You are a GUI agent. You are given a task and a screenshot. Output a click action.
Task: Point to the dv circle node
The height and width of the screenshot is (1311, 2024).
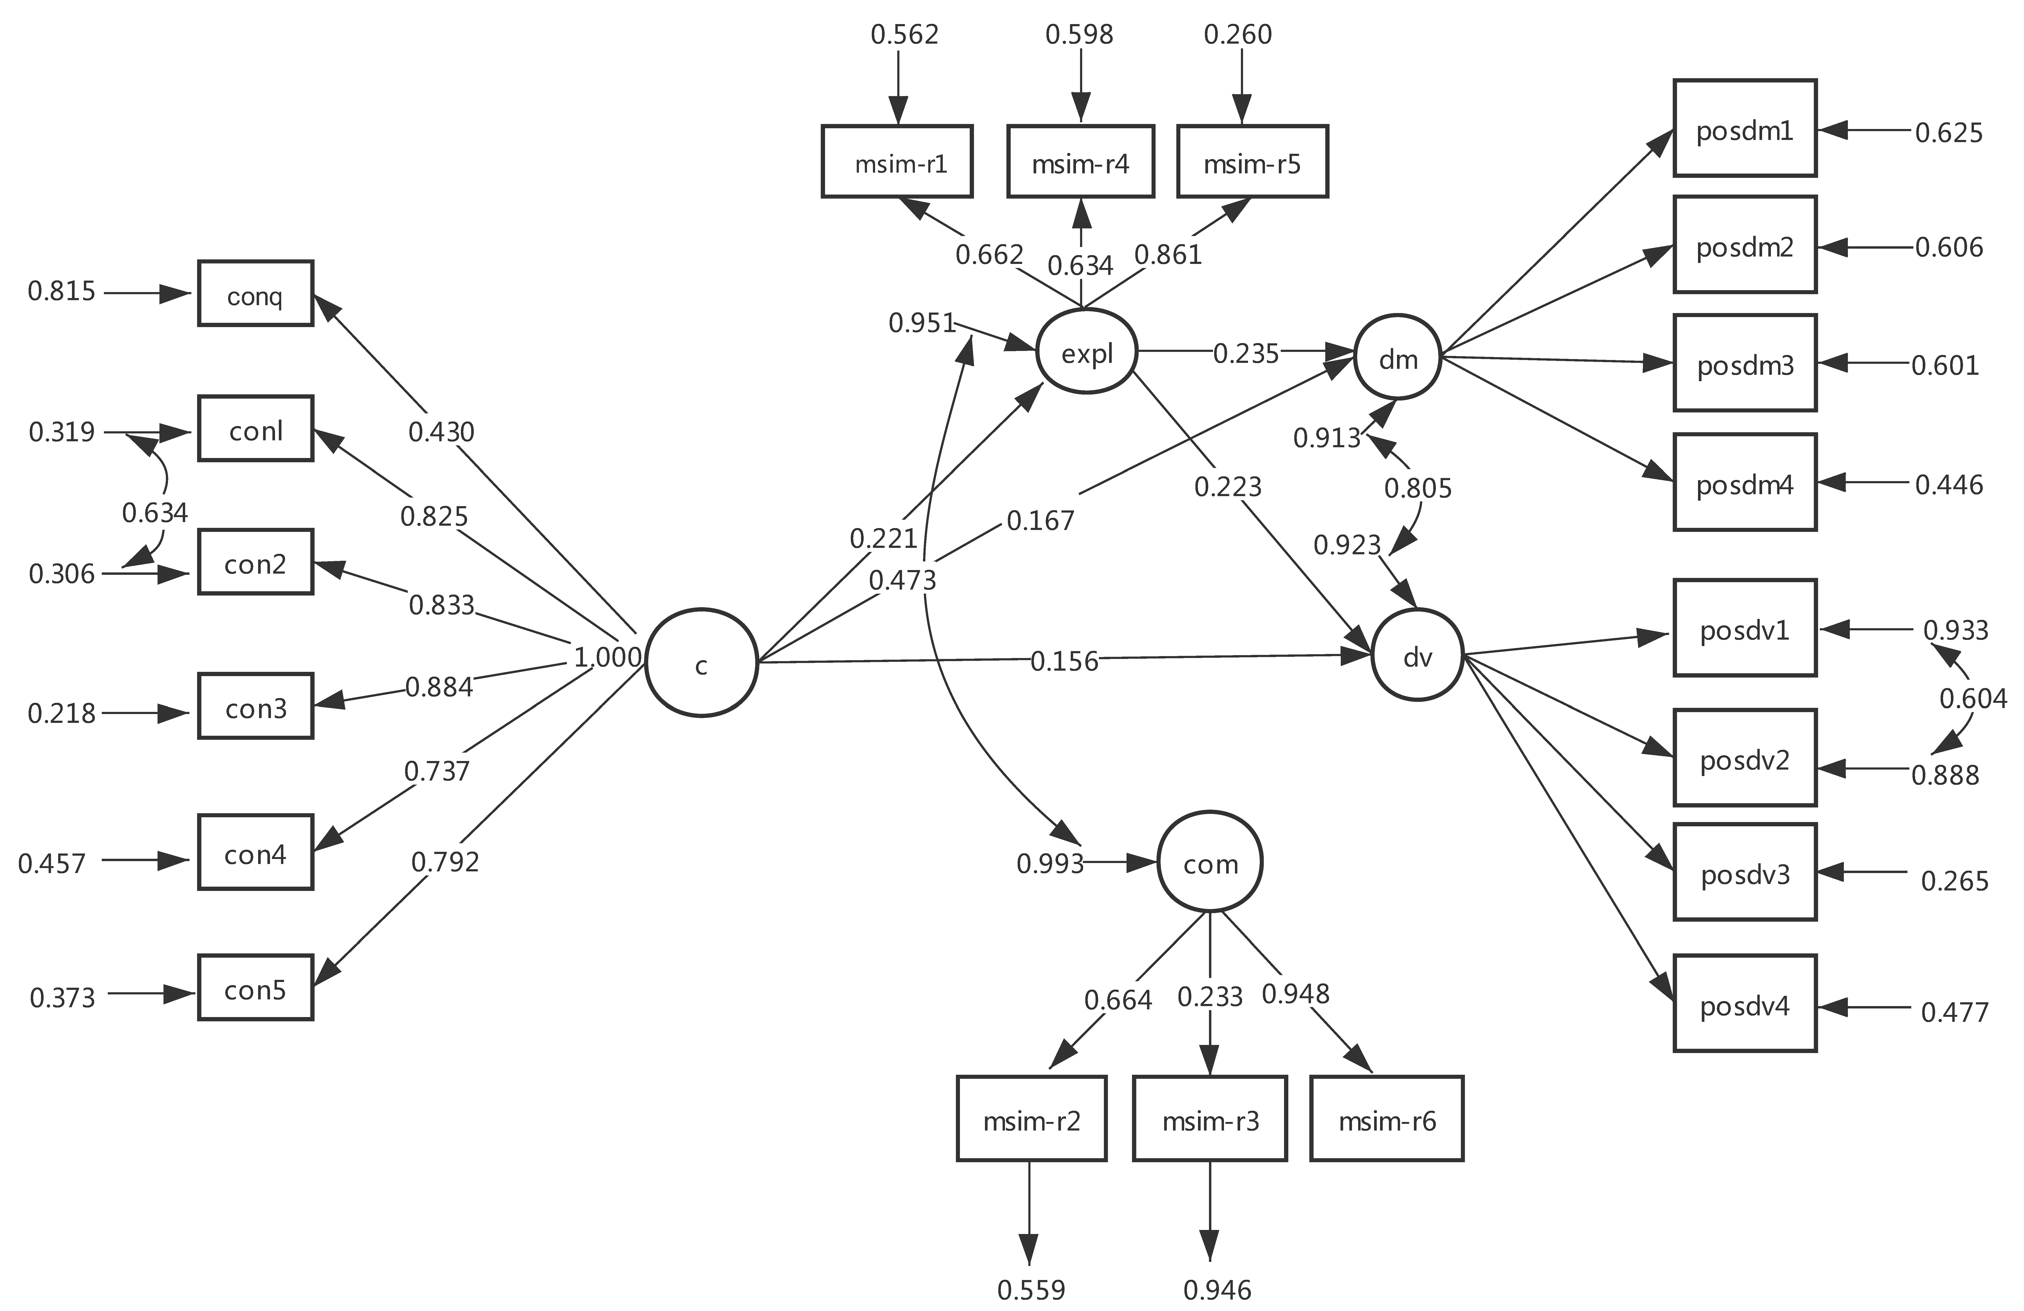tap(1417, 655)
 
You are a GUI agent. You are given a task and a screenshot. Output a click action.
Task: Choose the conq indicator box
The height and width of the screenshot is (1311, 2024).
tap(255, 293)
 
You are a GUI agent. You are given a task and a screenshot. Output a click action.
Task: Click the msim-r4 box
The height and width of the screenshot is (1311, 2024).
tap(1080, 162)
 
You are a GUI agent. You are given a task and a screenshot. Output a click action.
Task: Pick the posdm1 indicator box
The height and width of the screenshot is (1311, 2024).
tap(1744, 129)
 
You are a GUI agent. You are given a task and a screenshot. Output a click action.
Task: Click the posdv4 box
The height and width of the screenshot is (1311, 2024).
tap(1744, 1004)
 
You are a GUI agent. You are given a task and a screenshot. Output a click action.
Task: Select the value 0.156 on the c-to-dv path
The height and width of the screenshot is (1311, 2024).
tap(1064, 661)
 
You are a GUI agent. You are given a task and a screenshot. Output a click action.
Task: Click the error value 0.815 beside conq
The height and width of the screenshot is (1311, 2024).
tap(61, 292)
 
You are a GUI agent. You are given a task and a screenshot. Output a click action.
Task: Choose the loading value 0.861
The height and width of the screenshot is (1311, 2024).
tap(1168, 254)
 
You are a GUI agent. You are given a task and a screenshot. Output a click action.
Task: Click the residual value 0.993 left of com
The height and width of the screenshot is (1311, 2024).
tap(1050, 864)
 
